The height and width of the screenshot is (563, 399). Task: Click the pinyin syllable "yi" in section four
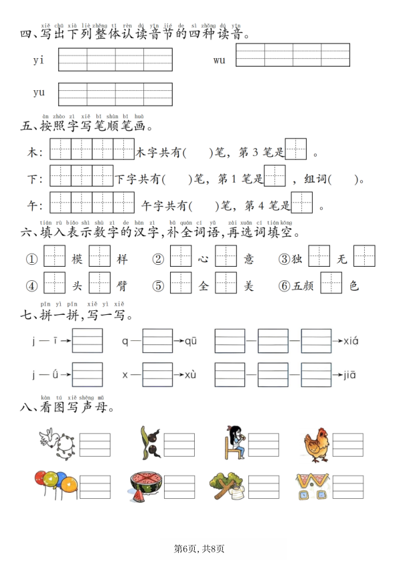[38, 60]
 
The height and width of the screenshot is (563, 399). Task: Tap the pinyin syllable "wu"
[220, 60]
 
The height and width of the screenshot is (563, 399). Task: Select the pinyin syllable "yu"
[39, 92]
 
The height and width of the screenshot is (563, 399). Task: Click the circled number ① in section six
[31, 259]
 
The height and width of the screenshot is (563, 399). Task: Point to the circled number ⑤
[158, 286]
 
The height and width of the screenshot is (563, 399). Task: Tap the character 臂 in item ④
[122, 286]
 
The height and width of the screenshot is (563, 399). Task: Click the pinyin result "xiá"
[351, 341]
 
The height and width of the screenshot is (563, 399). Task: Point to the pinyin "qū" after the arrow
[191, 341]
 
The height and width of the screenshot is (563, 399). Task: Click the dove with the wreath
[57, 443]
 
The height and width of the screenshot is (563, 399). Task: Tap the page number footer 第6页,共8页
[199, 548]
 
